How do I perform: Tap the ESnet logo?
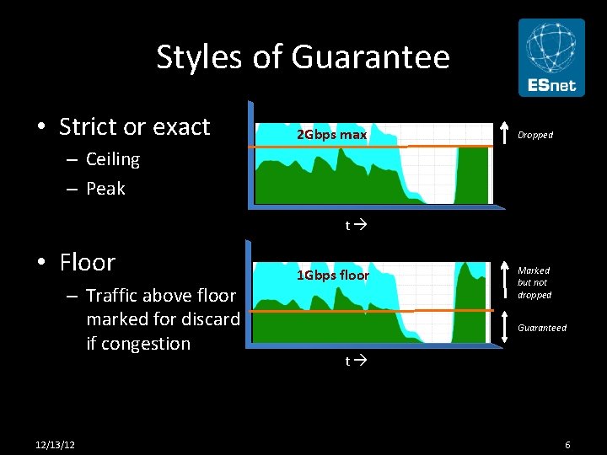tap(551, 58)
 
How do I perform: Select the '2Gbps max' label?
tap(331, 135)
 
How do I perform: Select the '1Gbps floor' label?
tap(332, 275)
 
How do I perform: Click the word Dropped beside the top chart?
tap(535, 135)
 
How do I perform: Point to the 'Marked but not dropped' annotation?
tap(534, 283)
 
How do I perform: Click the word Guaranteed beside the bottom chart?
tap(542, 328)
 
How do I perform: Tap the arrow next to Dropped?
tap(504, 134)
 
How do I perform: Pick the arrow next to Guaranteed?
tap(504, 328)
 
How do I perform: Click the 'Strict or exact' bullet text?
tap(134, 126)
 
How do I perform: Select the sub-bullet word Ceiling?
tap(113, 159)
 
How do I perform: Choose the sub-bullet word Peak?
tap(105, 189)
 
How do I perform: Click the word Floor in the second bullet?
tap(88, 262)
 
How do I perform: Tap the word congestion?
tap(138, 344)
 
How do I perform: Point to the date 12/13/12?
tap(56, 444)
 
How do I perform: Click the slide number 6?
tap(568, 444)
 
